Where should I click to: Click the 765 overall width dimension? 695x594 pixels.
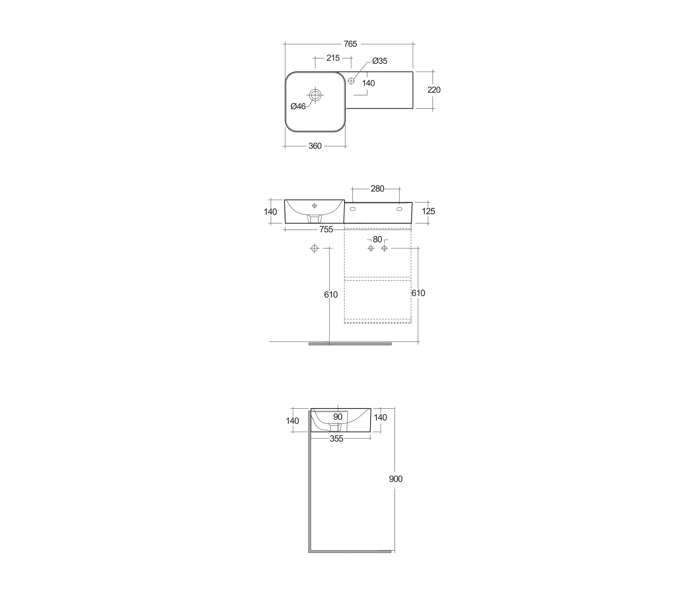pyautogui.click(x=350, y=44)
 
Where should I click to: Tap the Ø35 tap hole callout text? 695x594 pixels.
pyautogui.click(x=380, y=61)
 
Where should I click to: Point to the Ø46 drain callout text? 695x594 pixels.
pyautogui.click(x=298, y=106)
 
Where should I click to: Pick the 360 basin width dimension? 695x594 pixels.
pyautogui.click(x=315, y=146)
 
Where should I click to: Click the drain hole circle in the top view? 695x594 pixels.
pyautogui.click(x=315, y=95)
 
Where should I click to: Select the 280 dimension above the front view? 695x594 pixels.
pyautogui.click(x=377, y=189)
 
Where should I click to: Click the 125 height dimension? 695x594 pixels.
pyautogui.click(x=428, y=211)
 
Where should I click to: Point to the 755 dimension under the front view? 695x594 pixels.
pyautogui.click(x=326, y=229)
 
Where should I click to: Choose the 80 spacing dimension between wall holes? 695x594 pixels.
pyautogui.click(x=377, y=240)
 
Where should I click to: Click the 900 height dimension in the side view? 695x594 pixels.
pyautogui.click(x=395, y=479)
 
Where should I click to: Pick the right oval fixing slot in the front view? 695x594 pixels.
pyautogui.click(x=399, y=209)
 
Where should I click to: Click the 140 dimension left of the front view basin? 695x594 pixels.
pyautogui.click(x=270, y=212)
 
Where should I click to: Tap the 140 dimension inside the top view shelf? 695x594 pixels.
pyautogui.click(x=368, y=83)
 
